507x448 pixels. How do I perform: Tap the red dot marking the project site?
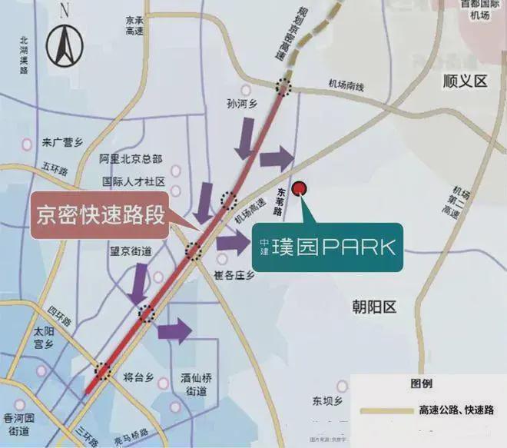point(300,187)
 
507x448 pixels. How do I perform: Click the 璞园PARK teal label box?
point(328,247)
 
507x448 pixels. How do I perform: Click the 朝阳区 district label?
point(375,307)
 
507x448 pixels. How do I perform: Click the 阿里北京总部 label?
point(131,159)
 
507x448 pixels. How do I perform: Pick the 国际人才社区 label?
point(134,182)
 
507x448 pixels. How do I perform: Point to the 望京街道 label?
point(130,251)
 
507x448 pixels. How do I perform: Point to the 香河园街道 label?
point(19,423)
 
